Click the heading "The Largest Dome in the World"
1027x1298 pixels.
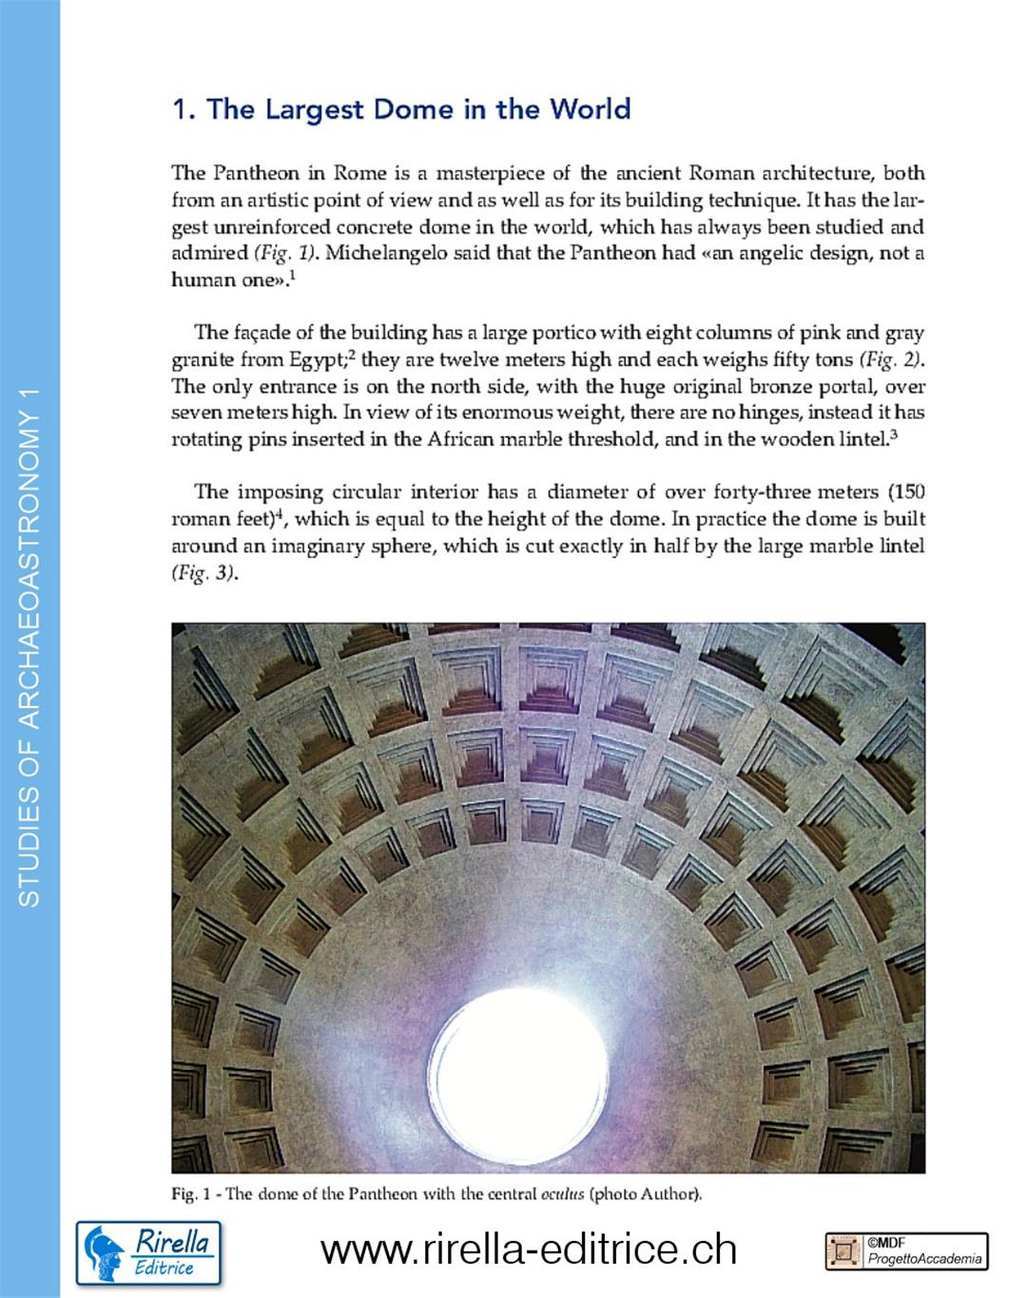(x=400, y=109)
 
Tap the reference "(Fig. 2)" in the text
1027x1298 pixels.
(x=891, y=360)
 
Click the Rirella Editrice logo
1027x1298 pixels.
(x=147, y=1251)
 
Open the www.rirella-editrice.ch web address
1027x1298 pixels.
(x=529, y=1250)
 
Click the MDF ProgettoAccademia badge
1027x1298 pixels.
(x=906, y=1250)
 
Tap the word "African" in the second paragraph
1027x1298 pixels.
(x=461, y=439)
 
